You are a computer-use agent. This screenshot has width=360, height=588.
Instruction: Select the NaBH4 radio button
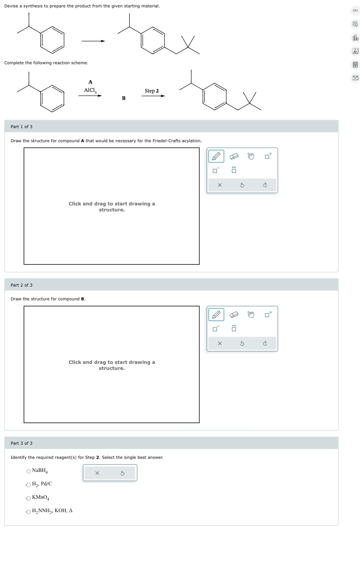coord(29,472)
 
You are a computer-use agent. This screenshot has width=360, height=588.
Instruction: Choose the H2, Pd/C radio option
coord(29,485)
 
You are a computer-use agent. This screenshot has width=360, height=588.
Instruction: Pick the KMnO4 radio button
coord(29,498)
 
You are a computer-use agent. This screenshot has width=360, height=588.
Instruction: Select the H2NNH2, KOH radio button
coord(29,512)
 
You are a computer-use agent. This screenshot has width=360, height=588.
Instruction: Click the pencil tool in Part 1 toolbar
coord(216,156)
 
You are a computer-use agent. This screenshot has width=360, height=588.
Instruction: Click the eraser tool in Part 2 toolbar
coord(234,314)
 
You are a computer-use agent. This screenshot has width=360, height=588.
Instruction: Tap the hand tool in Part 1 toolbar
coord(251,156)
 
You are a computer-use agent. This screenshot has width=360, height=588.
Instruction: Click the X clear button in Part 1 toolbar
coord(220,185)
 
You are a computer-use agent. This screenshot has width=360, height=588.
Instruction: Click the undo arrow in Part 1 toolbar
coord(242,185)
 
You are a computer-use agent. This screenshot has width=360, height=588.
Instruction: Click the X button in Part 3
coord(97,473)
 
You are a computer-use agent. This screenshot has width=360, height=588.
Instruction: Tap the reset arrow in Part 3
coord(122,473)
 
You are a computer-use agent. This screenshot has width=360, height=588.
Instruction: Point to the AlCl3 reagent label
coord(90,90)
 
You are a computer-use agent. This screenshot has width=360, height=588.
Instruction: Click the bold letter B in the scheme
coord(124,98)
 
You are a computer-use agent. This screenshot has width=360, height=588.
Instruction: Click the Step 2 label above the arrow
coord(152,91)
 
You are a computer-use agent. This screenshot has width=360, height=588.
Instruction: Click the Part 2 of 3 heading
coord(22,285)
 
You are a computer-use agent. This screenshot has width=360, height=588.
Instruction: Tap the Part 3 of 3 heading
coord(22,443)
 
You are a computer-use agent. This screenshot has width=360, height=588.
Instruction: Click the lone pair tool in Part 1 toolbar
coord(234,170)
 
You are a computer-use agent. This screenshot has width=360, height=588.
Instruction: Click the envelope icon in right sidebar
coord(355,78)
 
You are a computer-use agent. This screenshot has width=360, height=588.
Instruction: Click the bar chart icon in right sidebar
coord(355,38)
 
